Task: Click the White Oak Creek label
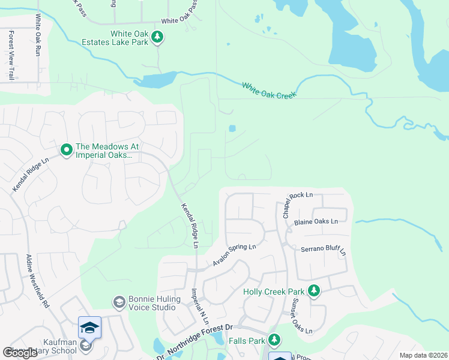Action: point(270,91)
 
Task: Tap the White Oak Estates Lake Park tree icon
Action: point(157,38)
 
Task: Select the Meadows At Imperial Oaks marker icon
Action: point(66,148)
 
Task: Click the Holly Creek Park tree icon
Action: point(313,291)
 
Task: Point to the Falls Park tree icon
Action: point(274,340)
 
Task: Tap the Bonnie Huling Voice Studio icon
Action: point(119,302)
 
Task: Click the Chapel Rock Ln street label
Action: point(294,201)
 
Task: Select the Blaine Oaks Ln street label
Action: point(316,221)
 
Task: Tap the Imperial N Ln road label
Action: point(197,307)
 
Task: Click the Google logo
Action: point(20,353)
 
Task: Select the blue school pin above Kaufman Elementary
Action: point(89,328)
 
